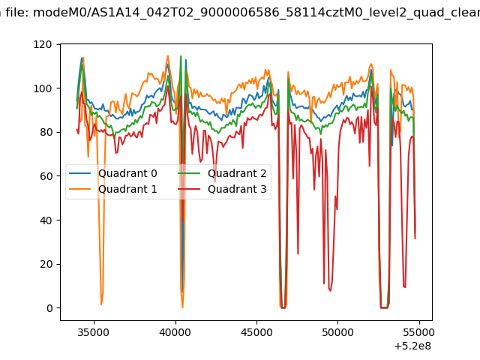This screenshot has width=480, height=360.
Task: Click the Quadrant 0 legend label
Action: click(x=127, y=173)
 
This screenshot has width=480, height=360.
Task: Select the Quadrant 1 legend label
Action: click(x=127, y=189)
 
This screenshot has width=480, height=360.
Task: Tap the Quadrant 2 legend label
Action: click(x=237, y=173)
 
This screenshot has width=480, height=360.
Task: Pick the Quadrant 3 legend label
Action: click(x=237, y=189)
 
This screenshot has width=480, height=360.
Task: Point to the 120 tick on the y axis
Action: click(x=43, y=44)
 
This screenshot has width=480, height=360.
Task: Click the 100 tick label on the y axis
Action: click(x=43, y=88)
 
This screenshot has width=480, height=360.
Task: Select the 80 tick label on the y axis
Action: click(x=46, y=132)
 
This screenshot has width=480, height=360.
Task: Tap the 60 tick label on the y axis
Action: click(x=46, y=176)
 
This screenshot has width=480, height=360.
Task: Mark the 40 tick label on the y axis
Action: click(x=46, y=220)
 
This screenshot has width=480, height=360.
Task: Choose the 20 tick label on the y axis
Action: click(x=46, y=264)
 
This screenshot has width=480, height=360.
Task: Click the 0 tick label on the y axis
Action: click(x=49, y=308)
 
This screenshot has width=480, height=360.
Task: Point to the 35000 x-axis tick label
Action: click(x=93, y=332)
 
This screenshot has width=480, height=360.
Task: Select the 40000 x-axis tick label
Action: click(x=175, y=332)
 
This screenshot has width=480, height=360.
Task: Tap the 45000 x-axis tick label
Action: click(x=256, y=332)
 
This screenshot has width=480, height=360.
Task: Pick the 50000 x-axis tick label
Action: click(x=337, y=332)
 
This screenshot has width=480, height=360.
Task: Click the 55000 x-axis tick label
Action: click(x=419, y=332)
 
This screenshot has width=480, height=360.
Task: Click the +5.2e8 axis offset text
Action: click(x=412, y=346)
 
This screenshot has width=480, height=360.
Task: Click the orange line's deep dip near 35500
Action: click(x=101, y=304)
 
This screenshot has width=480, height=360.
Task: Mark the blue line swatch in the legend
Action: click(x=80, y=173)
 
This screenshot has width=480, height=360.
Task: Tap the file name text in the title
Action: click(x=256, y=13)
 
